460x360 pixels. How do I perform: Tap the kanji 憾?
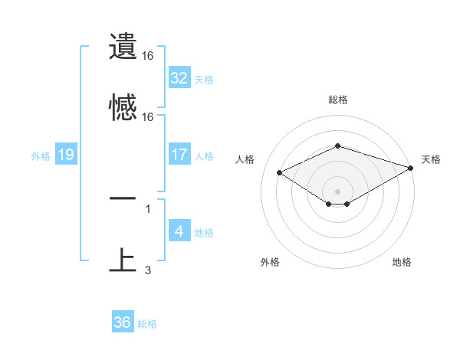(123, 107)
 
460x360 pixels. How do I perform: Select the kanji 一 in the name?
(123, 198)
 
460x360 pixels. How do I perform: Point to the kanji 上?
(123, 260)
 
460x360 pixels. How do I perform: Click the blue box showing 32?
(179, 78)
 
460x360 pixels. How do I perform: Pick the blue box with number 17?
(179, 154)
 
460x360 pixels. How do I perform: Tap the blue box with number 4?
(179, 231)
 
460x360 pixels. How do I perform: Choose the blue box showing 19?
(66, 155)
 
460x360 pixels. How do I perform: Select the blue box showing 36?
(122, 322)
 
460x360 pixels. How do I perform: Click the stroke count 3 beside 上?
(148, 270)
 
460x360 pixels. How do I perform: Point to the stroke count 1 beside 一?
(148, 208)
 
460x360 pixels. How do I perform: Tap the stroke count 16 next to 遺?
(148, 56)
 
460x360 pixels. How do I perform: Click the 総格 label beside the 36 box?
(148, 324)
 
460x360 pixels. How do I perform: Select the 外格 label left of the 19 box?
(41, 155)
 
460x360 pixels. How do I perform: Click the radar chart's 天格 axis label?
(431, 159)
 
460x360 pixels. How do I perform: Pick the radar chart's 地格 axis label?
(402, 262)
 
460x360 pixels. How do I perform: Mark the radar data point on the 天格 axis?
(412, 168)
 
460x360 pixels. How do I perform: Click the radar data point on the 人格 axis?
(280, 172)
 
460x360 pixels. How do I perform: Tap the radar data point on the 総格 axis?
(337, 146)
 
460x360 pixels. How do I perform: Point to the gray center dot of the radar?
(337, 191)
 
